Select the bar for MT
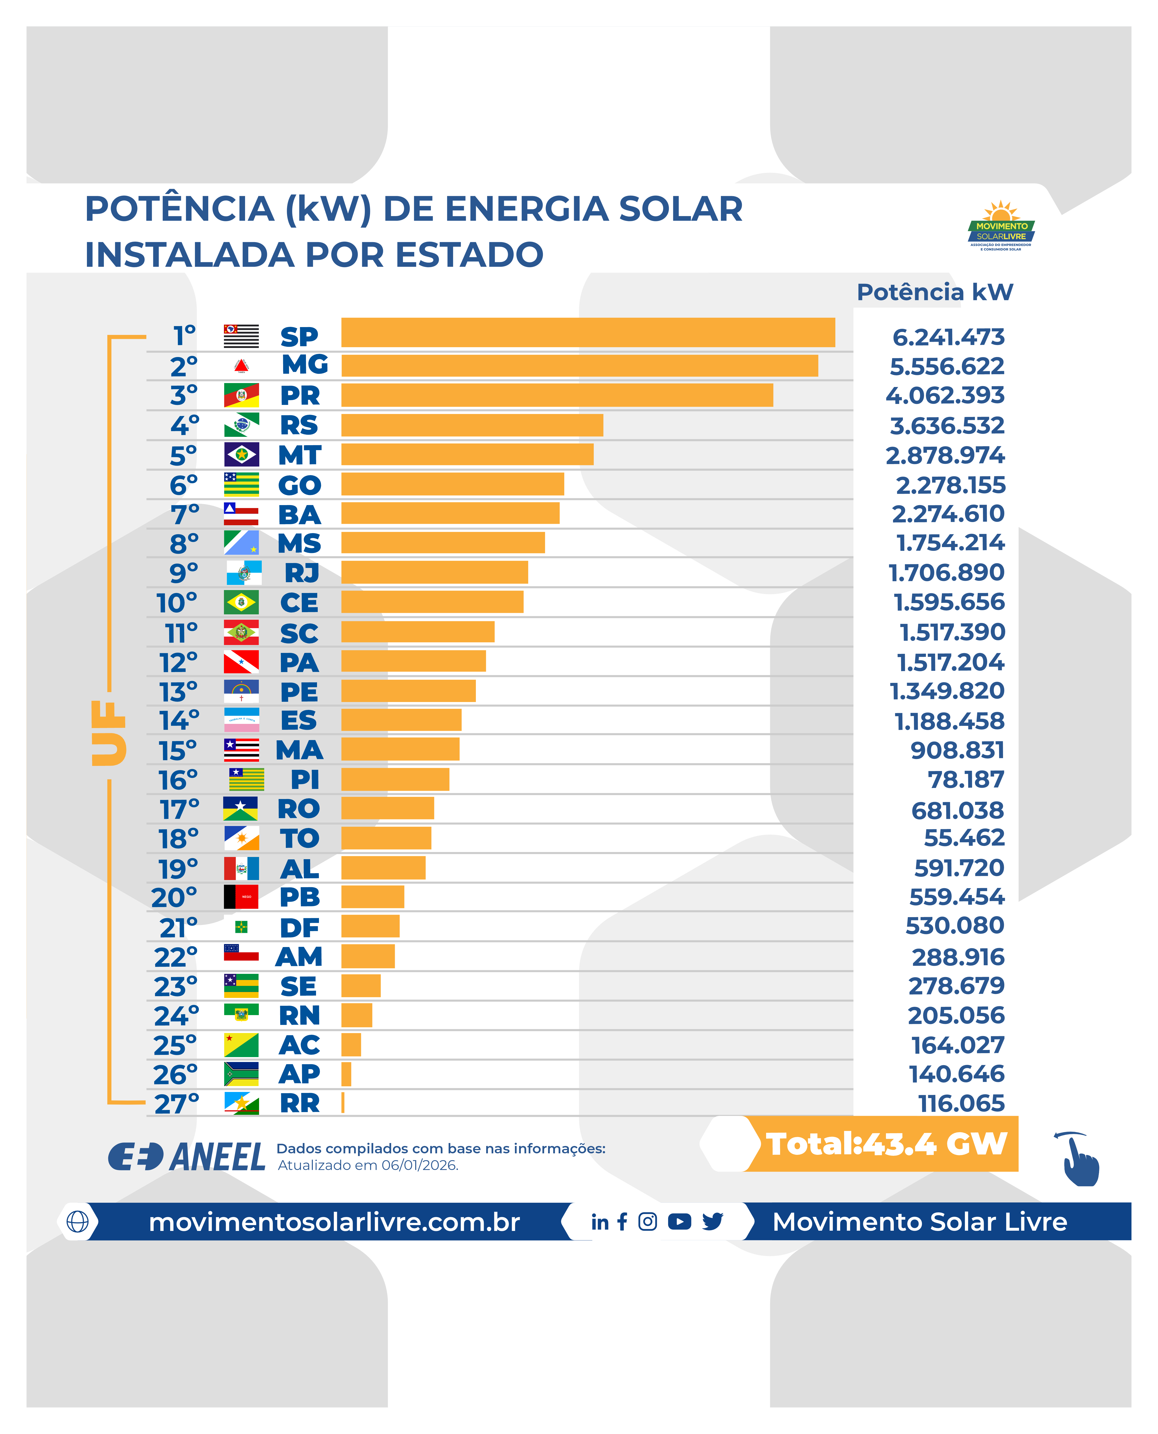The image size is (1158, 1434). [x=467, y=454]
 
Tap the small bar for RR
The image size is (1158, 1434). [x=343, y=1103]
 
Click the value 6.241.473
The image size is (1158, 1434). [x=948, y=337]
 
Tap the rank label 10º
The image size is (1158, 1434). [x=177, y=603]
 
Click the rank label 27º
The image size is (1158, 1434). [x=177, y=1104]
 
